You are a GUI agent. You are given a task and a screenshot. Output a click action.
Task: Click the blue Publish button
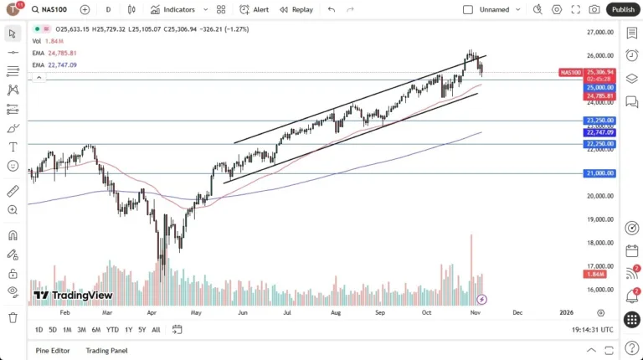[622, 9]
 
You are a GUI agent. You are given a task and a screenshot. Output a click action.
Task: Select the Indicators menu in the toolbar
[172, 9]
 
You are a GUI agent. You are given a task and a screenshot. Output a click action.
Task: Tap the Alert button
[255, 9]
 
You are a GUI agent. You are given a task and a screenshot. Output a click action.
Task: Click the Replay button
[296, 9]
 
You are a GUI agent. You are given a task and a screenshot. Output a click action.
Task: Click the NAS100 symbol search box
[53, 9]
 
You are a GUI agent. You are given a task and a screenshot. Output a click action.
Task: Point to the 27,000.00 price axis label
[600, 33]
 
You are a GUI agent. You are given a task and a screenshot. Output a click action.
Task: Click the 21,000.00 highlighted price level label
[600, 173]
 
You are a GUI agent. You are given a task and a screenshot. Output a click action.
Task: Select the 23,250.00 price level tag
[600, 121]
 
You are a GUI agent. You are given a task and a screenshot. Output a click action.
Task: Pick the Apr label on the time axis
[152, 311]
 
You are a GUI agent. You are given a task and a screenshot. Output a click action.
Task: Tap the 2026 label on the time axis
[566, 311]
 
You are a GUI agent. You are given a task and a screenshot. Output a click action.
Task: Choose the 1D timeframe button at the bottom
[39, 330]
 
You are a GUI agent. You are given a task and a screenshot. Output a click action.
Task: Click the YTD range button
[112, 330]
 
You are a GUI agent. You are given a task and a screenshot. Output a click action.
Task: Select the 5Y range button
[141, 330]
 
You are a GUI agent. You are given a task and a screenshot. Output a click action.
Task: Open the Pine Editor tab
[53, 350]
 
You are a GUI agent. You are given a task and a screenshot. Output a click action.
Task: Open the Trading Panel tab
[106, 350]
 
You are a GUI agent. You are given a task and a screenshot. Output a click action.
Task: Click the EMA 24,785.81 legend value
[62, 53]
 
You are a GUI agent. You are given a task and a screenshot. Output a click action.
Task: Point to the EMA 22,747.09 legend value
[62, 64]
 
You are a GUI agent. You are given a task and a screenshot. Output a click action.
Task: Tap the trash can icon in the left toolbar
[13, 317]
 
